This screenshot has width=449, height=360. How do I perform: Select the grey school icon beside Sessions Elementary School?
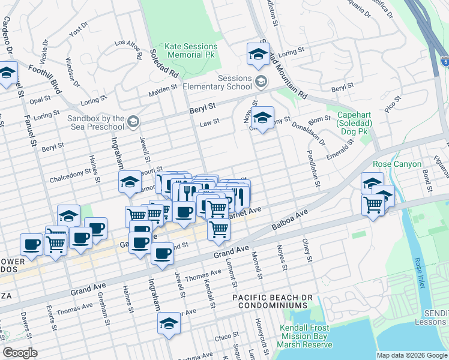pos(261,81)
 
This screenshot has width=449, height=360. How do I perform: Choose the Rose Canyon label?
pos(381,164)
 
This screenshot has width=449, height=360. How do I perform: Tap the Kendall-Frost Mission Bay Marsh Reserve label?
pos(306,336)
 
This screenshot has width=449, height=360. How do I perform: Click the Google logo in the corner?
pos(20,352)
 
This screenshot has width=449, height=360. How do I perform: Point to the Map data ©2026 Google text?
pos(411,355)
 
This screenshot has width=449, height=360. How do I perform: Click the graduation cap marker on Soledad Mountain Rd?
pos(258,54)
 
